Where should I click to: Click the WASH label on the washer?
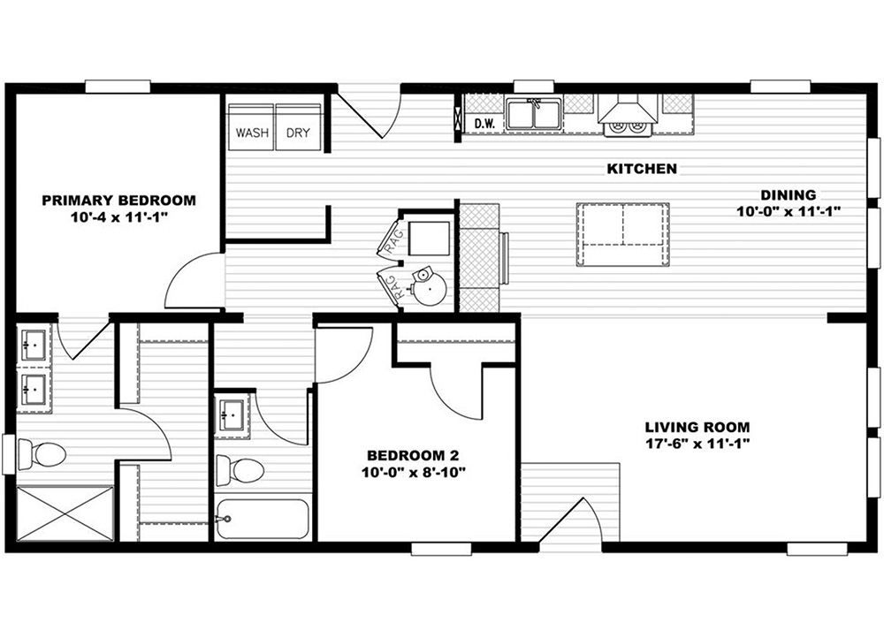pos(252,133)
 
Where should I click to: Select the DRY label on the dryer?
pos(298,133)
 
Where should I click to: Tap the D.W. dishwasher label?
pos(484,124)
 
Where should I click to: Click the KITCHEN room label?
pos(642,169)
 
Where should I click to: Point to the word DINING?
pos(789,195)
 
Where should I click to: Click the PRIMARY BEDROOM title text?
pos(119,200)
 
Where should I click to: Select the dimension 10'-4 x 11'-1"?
pos(120,217)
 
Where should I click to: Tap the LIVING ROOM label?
pos(697,427)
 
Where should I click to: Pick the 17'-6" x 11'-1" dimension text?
pos(697,444)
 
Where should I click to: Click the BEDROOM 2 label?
pos(413,455)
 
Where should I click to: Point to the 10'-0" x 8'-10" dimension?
pos(413,472)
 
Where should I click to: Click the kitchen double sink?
pos(533,114)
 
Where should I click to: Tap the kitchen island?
pos(623,234)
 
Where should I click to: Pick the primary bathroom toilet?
pos(42,453)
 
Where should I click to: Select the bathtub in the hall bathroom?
pos(263,519)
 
